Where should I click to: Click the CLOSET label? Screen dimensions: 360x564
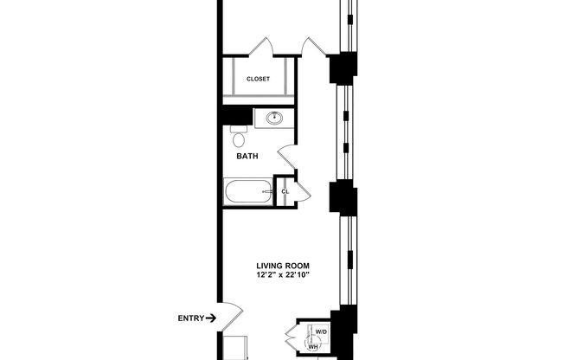coord(258,79)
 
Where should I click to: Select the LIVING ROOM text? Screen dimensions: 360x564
coord(282,266)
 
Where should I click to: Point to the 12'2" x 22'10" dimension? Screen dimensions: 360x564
coord(282,275)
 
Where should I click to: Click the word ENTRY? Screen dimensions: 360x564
coord(190,318)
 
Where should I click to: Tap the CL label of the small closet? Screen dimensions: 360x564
coord(285,191)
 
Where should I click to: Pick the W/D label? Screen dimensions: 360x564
coord(321,331)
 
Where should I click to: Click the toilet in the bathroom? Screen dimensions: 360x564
coord(239,138)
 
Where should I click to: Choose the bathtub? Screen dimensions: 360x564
coord(247,192)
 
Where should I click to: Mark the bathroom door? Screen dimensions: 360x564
coord(288,157)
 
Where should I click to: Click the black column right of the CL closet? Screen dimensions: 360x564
coord(343,198)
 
